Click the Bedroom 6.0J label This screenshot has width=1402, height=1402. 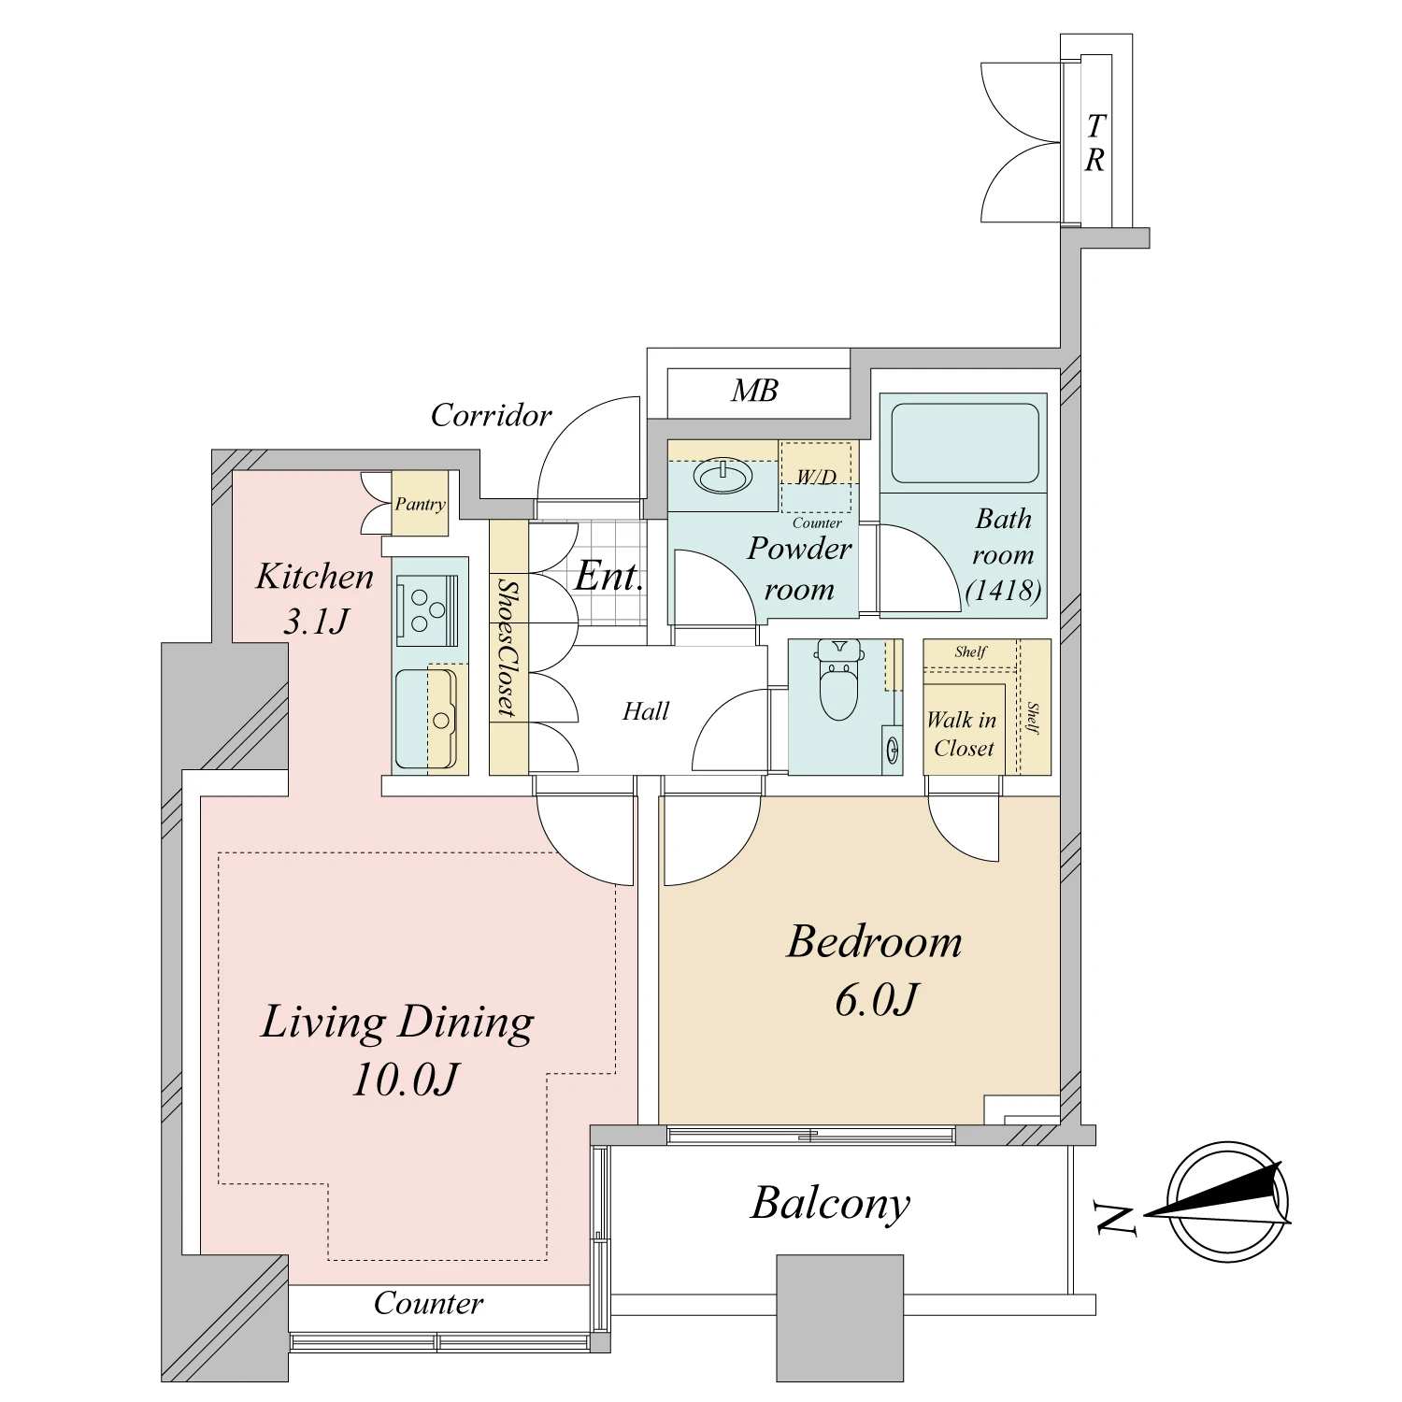(875, 969)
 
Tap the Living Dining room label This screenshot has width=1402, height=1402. (398, 1049)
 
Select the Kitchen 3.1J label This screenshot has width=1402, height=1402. (315, 596)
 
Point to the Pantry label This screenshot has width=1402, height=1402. (420, 505)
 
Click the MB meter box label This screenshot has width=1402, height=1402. (754, 391)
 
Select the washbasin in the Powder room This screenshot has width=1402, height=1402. (722, 477)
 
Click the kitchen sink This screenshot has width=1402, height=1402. (440, 718)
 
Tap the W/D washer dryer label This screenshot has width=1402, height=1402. (816, 478)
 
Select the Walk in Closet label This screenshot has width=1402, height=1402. (963, 734)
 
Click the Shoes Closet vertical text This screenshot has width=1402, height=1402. (508, 648)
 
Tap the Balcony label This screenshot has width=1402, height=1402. (830, 1204)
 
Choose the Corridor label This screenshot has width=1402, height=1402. (491, 415)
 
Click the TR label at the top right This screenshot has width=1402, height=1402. (1094, 143)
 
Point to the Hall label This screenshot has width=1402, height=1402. (646, 711)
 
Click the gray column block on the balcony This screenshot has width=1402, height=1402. (840, 1318)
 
